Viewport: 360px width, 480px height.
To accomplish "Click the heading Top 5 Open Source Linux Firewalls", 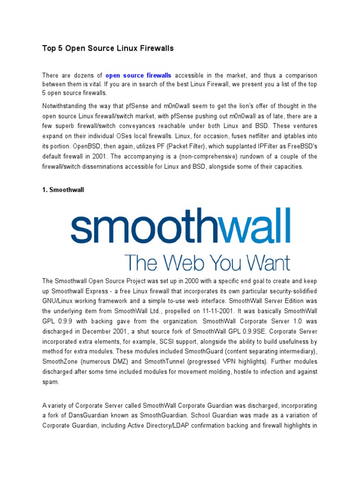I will click(108, 48).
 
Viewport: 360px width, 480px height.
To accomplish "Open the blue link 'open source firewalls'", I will click(138, 75).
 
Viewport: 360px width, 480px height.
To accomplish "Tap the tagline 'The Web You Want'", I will click(207, 262).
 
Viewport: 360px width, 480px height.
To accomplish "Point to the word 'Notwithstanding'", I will click(66, 105).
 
